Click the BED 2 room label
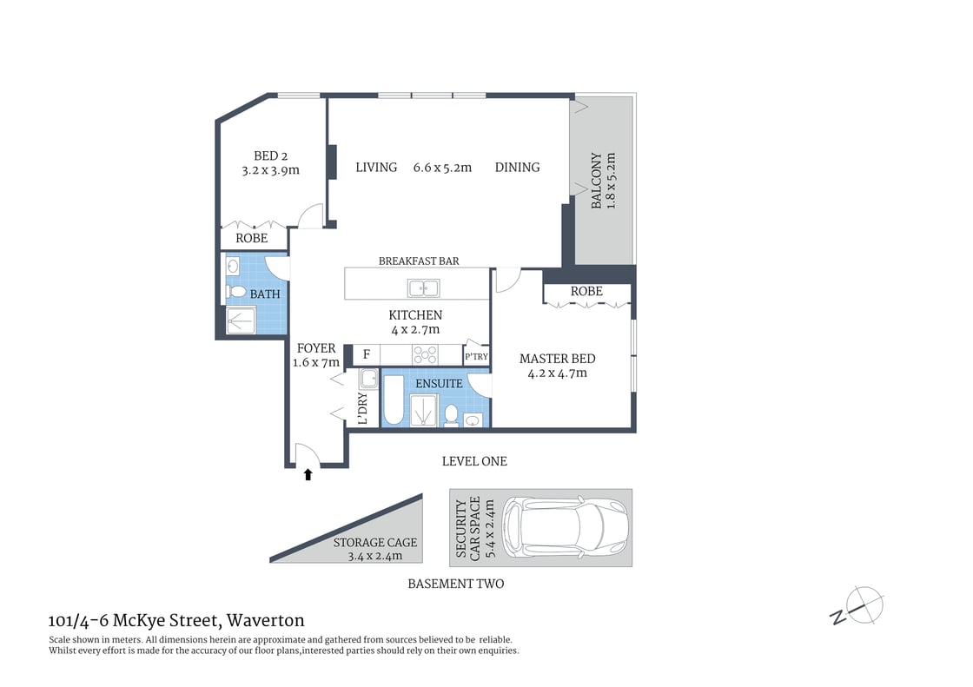[x=270, y=156]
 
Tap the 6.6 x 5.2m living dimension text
[x=442, y=168]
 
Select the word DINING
[x=517, y=168]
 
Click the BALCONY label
[x=597, y=182]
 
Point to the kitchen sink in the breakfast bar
[x=423, y=287]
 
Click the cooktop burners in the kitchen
[x=425, y=354]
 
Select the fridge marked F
[x=366, y=354]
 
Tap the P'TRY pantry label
[x=476, y=357]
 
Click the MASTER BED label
[x=557, y=359]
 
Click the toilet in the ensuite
[x=451, y=414]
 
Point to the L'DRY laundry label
[x=362, y=409]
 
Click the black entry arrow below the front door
[x=308, y=474]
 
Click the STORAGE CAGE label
[x=375, y=542]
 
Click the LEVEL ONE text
[x=473, y=461]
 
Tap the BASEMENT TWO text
[x=455, y=584]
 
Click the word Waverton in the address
[x=266, y=620]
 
